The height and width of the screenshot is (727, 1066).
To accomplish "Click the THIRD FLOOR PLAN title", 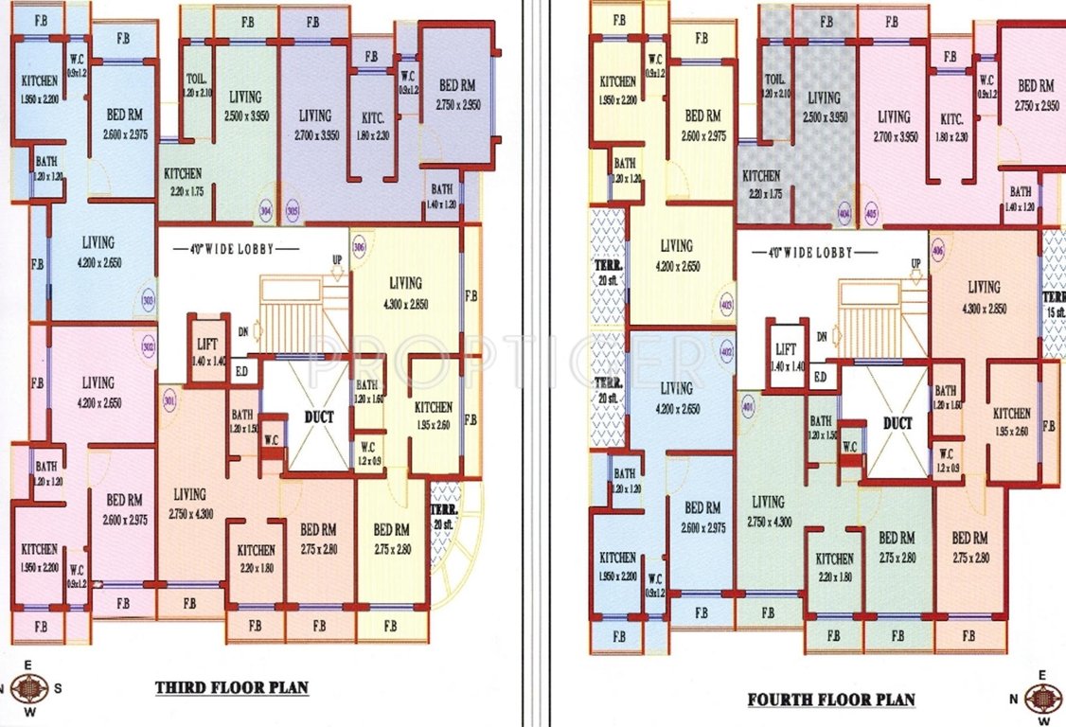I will tap(232, 687).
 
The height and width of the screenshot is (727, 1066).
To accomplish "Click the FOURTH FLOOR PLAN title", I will tap(830, 700).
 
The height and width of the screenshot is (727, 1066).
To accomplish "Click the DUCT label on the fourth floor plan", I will tap(897, 423).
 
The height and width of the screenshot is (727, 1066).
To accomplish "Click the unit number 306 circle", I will tap(359, 247).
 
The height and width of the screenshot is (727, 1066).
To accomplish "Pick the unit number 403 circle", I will tap(727, 307).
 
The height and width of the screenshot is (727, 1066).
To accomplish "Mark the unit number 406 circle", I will tap(937, 253).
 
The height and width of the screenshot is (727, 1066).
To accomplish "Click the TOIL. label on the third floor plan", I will tap(197, 87).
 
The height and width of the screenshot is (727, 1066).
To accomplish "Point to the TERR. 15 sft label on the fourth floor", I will tap(1055, 304).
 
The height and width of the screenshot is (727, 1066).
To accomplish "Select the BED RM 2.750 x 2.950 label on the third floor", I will tap(458, 95).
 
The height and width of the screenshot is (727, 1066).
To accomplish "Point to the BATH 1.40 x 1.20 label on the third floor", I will tap(441, 196).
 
